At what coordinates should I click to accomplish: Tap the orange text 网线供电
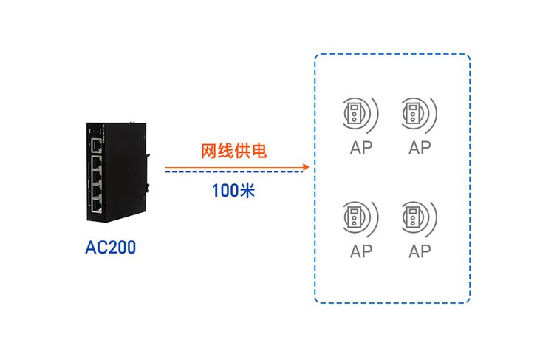(233, 152)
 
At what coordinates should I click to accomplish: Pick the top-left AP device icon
(356, 114)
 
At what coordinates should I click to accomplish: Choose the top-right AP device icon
(414, 114)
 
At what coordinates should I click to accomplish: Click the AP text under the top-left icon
(361, 147)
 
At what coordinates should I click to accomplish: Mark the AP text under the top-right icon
(420, 147)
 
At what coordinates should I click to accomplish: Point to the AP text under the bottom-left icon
(361, 251)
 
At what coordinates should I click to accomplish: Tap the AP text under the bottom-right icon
(420, 251)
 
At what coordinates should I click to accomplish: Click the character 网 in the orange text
(209, 152)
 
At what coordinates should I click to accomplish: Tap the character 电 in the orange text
(258, 152)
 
